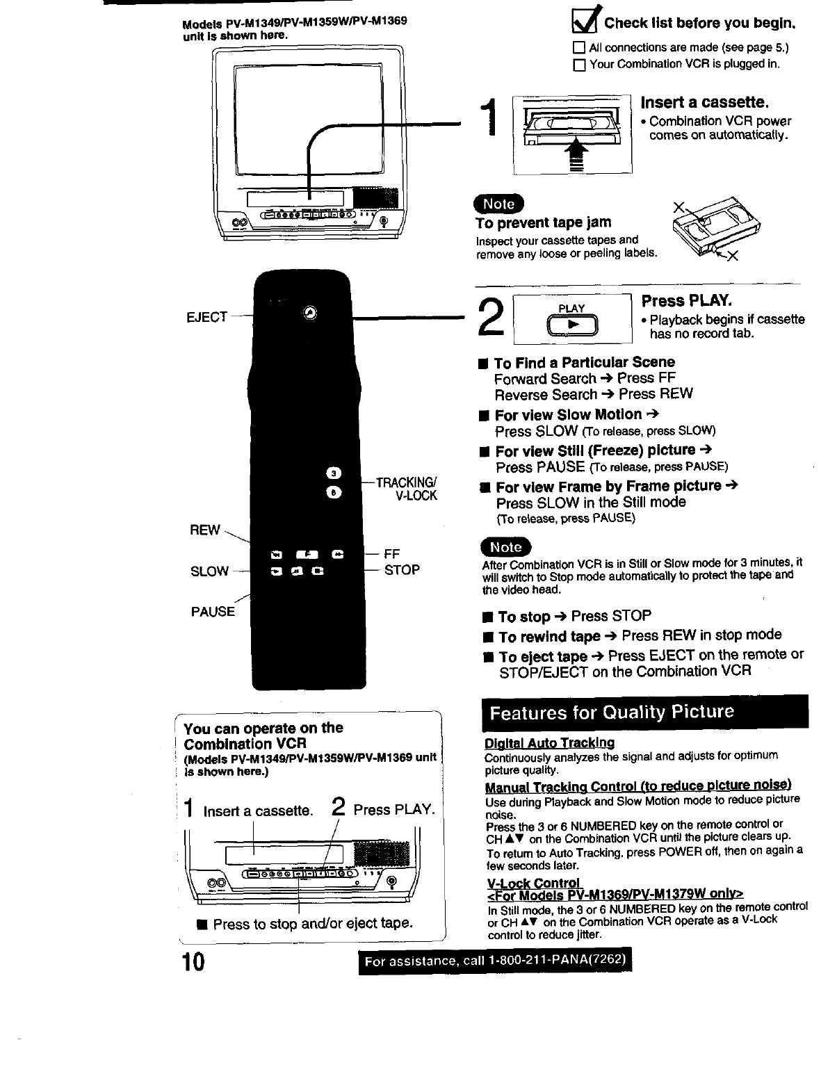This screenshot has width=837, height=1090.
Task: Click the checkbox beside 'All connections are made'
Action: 578,49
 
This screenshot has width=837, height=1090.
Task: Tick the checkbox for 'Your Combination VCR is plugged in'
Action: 578,65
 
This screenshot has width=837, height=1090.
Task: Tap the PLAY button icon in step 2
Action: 572,325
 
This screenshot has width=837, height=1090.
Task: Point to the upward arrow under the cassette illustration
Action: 574,154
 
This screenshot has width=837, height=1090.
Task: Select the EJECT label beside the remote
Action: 207,317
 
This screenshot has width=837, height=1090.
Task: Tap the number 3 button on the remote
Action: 334,474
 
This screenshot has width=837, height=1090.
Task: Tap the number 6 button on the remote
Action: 334,492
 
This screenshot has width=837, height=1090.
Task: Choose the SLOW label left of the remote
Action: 209,571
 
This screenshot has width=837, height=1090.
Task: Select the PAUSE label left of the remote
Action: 213,612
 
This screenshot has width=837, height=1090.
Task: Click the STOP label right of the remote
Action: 402,570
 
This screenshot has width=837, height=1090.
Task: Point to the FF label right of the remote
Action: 392,554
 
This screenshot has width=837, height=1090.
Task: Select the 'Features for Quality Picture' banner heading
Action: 612,713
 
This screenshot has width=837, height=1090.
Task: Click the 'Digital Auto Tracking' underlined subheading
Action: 549,743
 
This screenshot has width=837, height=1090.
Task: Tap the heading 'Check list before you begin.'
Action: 699,24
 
